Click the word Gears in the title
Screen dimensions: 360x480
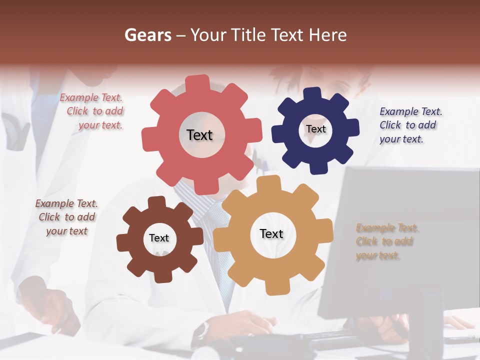point(147,35)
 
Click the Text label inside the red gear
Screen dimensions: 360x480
point(199,135)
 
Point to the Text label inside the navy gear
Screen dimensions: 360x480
point(315,129)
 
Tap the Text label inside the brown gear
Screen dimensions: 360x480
point(159,238)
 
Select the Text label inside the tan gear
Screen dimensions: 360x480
point(271,233)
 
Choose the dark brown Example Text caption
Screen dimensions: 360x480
point(66,217)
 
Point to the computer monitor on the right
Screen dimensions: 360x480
point(400,240)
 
